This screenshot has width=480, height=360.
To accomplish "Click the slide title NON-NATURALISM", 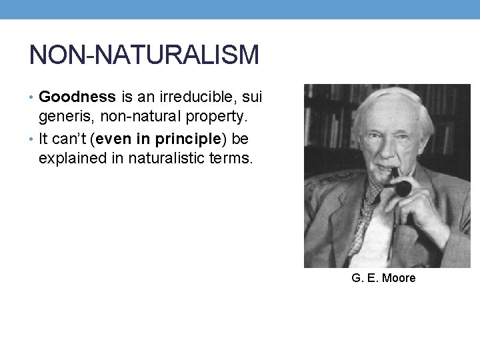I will coord(144,55).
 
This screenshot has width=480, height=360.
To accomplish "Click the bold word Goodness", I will coord(77,97).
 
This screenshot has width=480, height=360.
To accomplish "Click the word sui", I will coord(251,97).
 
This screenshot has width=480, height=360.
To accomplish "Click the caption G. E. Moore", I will coord(383,278).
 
